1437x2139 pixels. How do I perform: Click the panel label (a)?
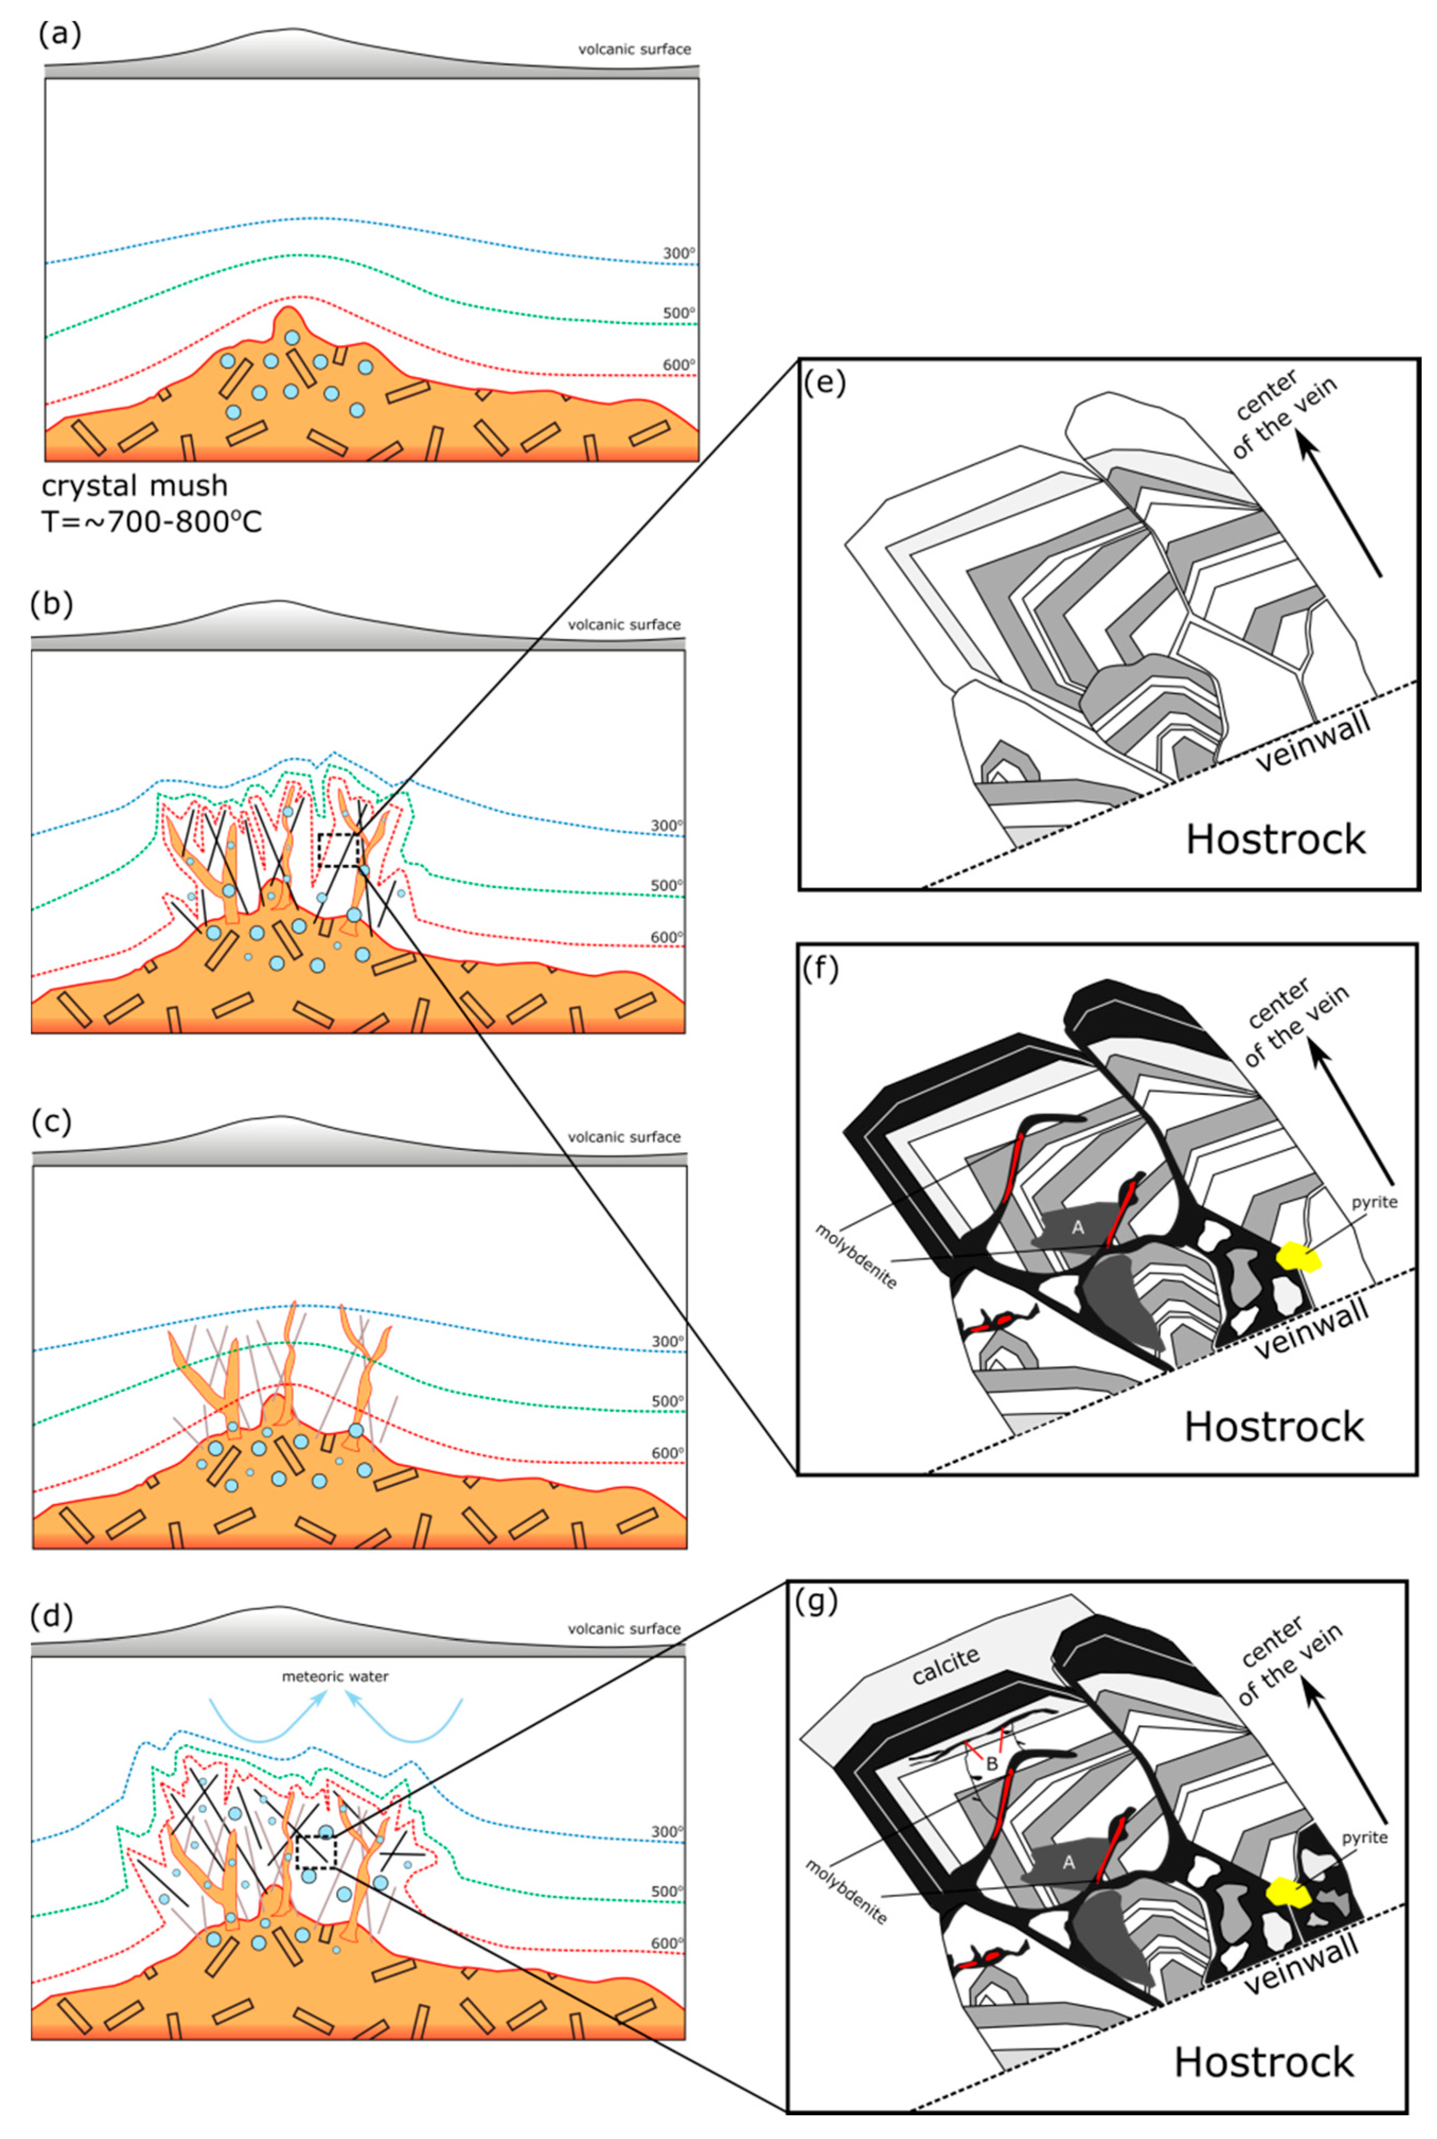[59, 35]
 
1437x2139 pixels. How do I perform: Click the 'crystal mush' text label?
[135, 485]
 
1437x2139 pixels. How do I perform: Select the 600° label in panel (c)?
[667, 1454]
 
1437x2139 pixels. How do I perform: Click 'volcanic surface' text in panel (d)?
[624, 1629]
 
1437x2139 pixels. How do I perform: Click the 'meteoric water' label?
[335, 1676]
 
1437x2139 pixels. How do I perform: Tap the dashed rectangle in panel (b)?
[337, 851]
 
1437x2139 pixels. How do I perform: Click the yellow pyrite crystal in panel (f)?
[1300, 1257]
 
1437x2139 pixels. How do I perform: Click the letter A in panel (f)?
[1078, 1227]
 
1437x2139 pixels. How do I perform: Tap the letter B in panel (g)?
[991, 1763]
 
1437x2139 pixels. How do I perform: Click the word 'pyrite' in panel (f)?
[1374, 1203]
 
